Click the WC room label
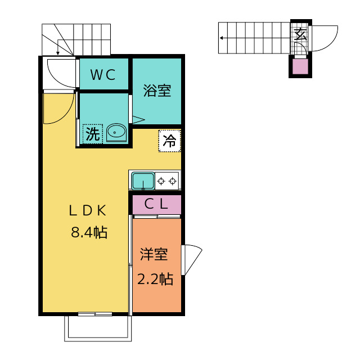tap(102, 75)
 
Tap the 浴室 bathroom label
tap(157, 91)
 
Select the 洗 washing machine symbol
tap(92, 134)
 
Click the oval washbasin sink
tap(116, 133)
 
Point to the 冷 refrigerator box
tap(170, 141)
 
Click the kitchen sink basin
tap(143, 181)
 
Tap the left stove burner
tap(161, 181)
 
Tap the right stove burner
tap(173, 181)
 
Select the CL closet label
tap(156, 204)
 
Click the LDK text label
tap(88, 210)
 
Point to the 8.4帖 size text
tap(89, 232)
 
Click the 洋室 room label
tap(154, 254)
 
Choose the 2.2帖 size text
tap(155, 279)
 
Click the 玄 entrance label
tap(300, 34)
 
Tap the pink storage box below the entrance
tap(300, 66)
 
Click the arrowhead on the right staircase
tap(221, 38)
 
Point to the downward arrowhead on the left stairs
tap(58, 53)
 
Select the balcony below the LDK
tap(98, 328)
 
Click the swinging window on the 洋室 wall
tap(191, 260)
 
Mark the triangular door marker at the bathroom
tap(138, 120)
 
